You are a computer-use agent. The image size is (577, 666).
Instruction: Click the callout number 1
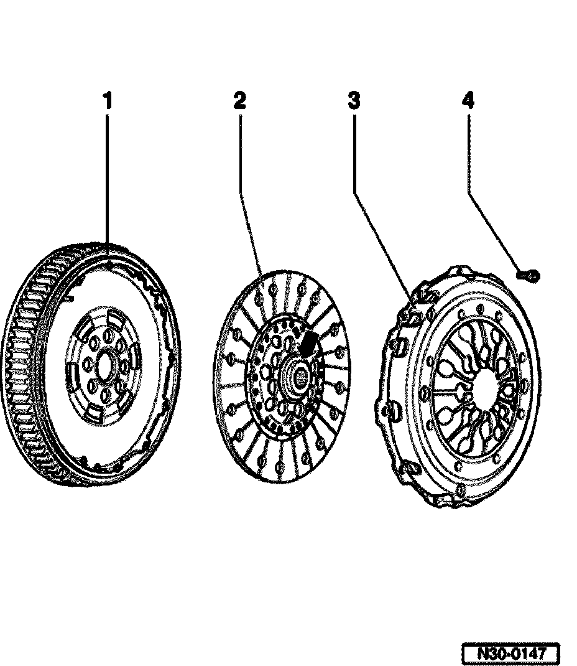(108, 101)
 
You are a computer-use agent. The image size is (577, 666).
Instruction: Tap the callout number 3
(354, 101)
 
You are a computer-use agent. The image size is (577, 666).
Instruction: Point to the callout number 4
(468, 101)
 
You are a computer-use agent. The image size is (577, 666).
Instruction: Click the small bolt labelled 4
(529, 274)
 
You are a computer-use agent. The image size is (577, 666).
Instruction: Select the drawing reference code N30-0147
(511, 654)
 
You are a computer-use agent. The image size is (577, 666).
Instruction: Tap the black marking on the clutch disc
(308, 343)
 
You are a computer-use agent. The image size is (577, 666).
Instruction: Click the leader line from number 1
(108, 181)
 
